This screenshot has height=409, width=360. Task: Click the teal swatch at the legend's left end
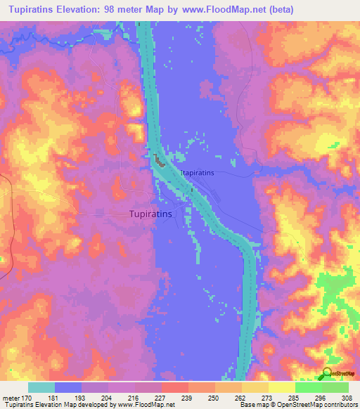click(41, 387)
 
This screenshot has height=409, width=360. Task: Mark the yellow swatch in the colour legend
click(281, 387)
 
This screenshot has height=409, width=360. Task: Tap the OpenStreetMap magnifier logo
click(326, 373)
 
